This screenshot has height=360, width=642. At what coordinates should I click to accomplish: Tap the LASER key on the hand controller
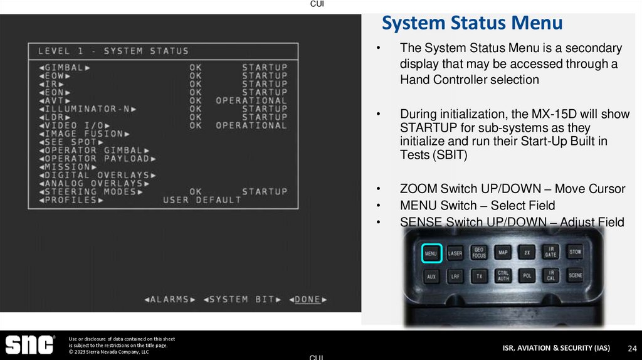455,253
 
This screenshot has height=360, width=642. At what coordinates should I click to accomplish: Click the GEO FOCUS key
479,253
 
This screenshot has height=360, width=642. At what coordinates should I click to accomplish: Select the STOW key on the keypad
575,252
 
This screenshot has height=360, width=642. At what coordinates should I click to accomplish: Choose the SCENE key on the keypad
575,275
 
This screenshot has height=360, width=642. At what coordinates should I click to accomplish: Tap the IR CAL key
550,275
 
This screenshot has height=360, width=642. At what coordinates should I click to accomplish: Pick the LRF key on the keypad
455,276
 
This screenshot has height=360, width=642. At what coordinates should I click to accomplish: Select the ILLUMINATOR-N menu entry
87,109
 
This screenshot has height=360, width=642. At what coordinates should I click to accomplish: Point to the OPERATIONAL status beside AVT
251,100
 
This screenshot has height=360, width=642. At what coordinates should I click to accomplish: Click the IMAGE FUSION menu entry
84,134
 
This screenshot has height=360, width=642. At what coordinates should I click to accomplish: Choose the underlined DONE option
308,299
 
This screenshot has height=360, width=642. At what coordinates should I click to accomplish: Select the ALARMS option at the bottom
170,299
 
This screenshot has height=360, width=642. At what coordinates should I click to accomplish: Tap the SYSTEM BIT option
242,299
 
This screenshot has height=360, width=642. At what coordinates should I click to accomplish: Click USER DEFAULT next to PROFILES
202,199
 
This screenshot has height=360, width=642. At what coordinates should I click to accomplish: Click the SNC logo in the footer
29,344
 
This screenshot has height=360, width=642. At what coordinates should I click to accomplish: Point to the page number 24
632,348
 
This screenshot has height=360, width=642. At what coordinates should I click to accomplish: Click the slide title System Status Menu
472,24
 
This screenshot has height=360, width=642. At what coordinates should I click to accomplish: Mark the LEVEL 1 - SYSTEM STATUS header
113,51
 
